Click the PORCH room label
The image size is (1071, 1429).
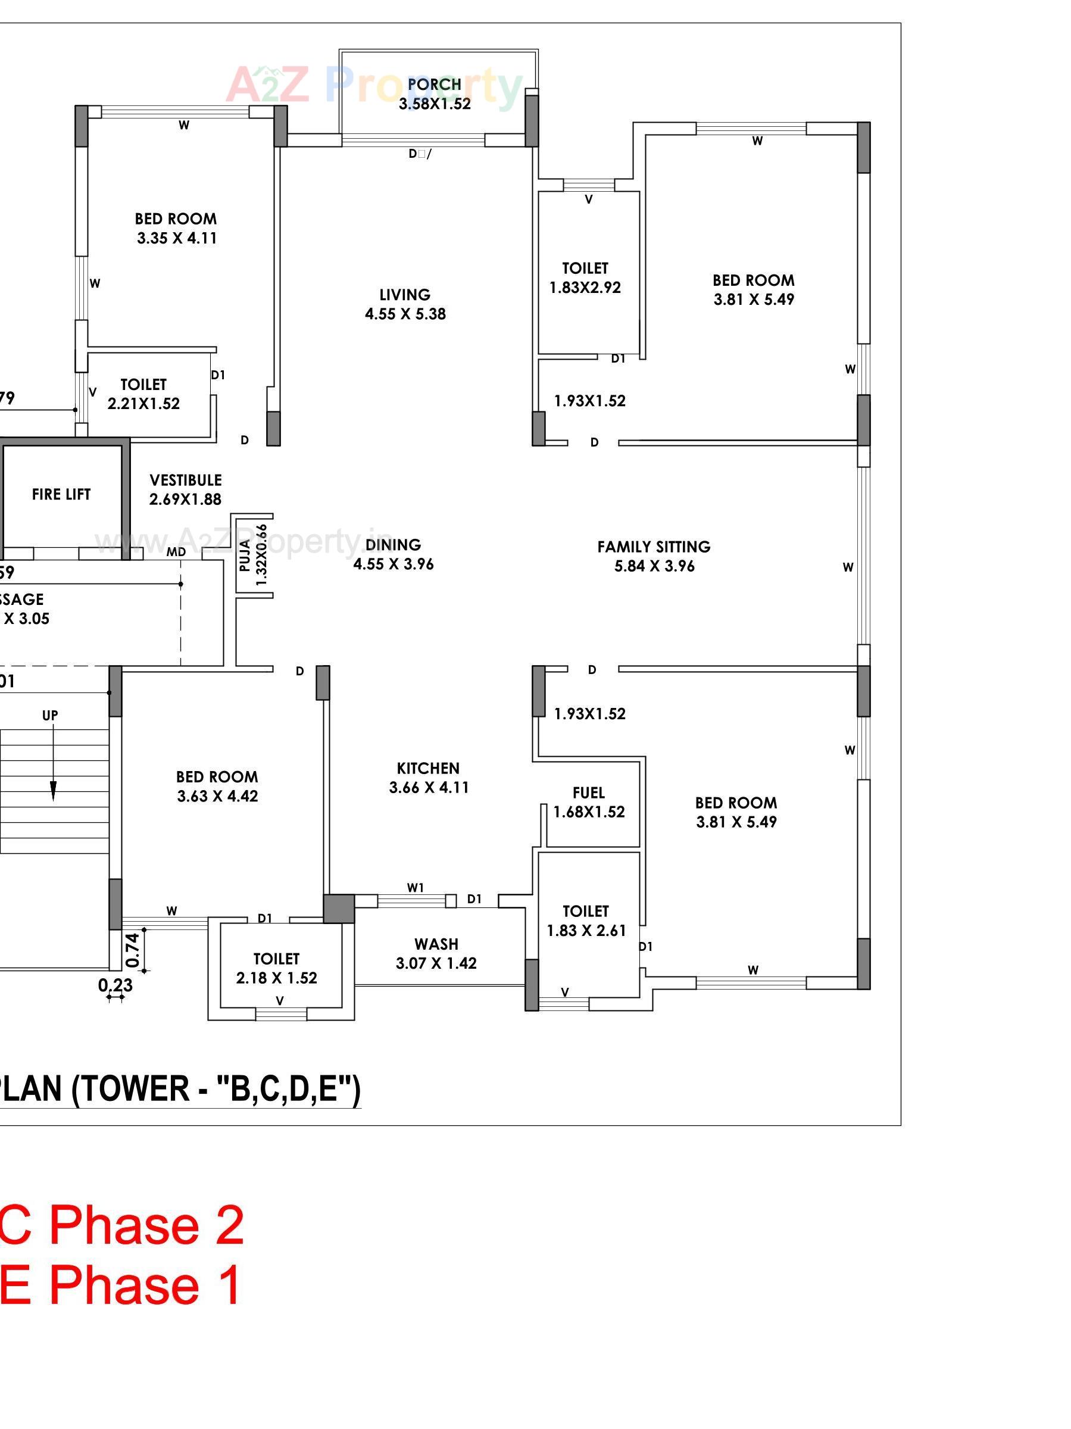point(434,85)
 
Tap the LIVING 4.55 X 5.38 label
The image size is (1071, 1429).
point(405,304)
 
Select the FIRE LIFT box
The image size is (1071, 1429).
point(61,494)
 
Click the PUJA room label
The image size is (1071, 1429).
point(245,554)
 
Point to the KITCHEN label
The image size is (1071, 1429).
point(427,768)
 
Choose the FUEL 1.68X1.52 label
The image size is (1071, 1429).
point(588,803)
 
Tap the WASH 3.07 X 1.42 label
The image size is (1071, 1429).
point(436,953)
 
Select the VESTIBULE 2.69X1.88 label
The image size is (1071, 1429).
point(185,489)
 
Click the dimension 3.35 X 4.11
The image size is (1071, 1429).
point(177,238)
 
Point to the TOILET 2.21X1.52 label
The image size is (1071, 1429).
point(143,394)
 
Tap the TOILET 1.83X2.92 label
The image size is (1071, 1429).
point(585,278)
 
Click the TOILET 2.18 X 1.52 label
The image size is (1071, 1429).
point(276,968)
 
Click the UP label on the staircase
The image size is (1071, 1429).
point(50,715)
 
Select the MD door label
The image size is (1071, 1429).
point(176,552)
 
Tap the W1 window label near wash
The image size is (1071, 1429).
point(416,888)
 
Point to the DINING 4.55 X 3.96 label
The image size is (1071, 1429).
point(393,554)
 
